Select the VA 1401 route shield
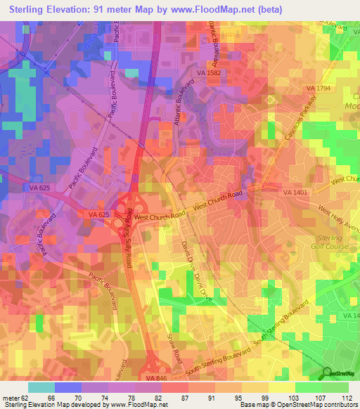[295, 192]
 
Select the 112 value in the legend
[346, 398]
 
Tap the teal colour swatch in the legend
[41, 387]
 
